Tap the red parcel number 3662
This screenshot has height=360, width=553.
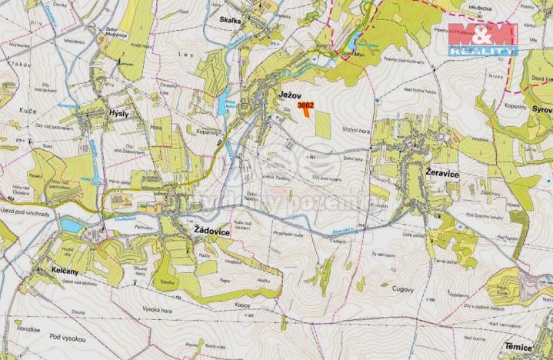[x=305, y=104]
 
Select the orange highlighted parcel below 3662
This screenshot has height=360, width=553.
[x=305, y=112]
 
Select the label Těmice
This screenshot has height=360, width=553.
[x=519, y=347]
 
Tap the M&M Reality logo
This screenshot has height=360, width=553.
[x=482, y=39]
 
